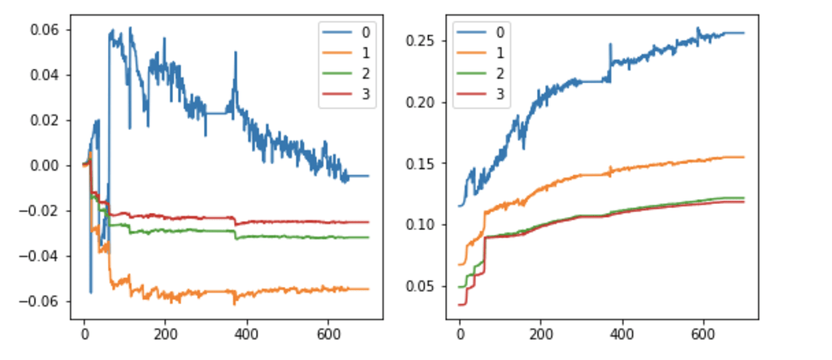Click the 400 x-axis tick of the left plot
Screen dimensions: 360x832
245,332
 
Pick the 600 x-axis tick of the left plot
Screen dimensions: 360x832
327,332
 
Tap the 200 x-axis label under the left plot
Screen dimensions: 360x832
165,332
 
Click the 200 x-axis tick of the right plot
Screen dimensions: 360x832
540,332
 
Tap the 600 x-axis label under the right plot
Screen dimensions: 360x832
703,332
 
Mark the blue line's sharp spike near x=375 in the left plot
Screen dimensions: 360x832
236,54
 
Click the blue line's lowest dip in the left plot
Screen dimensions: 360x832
91,292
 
